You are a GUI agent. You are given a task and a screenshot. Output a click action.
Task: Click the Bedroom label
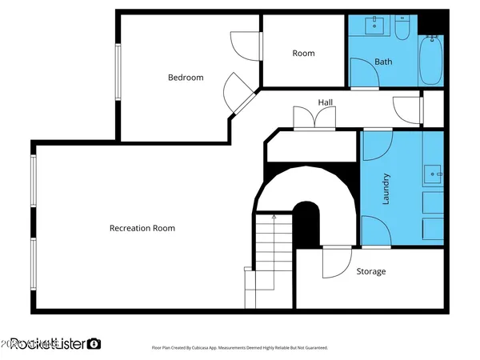pyautogui.click(x=185, y=78)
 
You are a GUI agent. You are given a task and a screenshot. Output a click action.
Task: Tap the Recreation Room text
pyautogui.click(x=142, y=228)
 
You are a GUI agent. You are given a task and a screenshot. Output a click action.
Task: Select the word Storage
pyautogui.click(x=370, y=271)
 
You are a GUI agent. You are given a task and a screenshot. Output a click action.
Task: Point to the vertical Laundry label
pyautogui.click(x=386, y=189)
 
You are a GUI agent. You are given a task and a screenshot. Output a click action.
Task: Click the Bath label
pyautogui.click(x=383, y=62)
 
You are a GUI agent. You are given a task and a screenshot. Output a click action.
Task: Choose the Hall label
pyautogui.click(x=326, y=102)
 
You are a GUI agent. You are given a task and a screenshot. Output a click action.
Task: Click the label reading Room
pyautogui.click(x=303, y=54)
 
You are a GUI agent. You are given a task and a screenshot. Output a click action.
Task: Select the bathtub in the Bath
pyautogui.click(x=431, y=61)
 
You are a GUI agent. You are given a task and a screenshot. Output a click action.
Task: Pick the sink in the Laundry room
pyautogui.click(x=432, y=173)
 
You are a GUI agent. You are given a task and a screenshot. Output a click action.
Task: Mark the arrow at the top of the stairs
pyautogui.click(x=274, y=216)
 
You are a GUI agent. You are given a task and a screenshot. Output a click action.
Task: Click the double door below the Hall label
pyautogui.click(x=314, y=118)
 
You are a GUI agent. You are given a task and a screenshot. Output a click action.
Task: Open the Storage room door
pyautogui.click(x=336, y=262)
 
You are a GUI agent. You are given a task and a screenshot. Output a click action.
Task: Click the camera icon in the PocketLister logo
pyautogui.click(x=94, y=343)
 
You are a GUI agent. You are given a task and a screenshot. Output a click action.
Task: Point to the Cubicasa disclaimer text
pyautogui.click(x=240, y=348)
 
